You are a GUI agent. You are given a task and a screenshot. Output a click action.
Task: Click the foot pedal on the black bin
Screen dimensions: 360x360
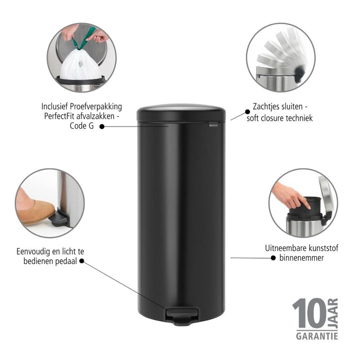click(x=181, y=314)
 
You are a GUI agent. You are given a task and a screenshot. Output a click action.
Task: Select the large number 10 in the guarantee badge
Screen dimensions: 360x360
click(x=309, y=314)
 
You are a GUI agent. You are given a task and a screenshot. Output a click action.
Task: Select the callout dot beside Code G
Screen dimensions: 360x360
click(x=101, y=125)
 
